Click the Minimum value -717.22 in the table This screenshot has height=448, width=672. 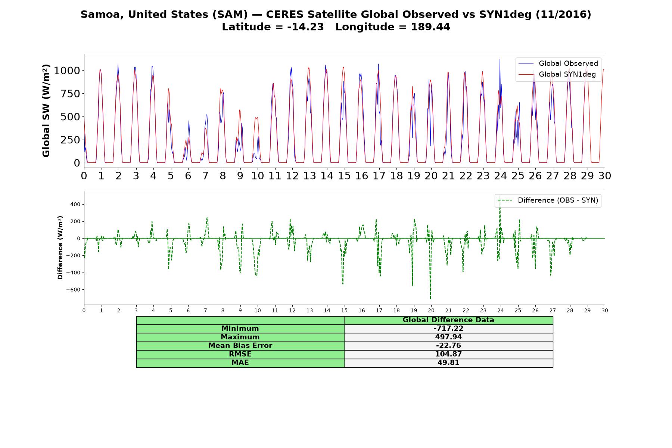(x=448, y=329)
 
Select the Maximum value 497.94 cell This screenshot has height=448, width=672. (x=448, y=337)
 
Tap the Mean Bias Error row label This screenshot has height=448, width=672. (x=240, y=346)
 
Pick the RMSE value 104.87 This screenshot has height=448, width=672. (x=448, y=354)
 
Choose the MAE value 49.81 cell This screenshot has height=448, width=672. (x=448, y=363)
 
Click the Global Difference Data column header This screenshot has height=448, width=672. (x=448, y=320)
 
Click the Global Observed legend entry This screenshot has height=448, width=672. (x=559, y=63)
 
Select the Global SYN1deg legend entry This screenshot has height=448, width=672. (x=557, y=75)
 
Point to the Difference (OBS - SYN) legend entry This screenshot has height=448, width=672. (x=548, y=200)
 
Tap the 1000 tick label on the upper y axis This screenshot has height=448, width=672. (x=67, y=71)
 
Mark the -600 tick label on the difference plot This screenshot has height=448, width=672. (x=74, y=290)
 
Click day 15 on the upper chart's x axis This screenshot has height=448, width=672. (x=344, y=176)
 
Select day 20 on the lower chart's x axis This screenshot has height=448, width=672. (x=431, y=311)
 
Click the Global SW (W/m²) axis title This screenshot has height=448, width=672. (x=46, y=111)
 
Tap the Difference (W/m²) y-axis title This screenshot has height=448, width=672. (x=60, y=248)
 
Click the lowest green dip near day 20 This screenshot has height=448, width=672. (x=430, y=298)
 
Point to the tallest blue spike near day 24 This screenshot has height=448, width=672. (x=500, y=59)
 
